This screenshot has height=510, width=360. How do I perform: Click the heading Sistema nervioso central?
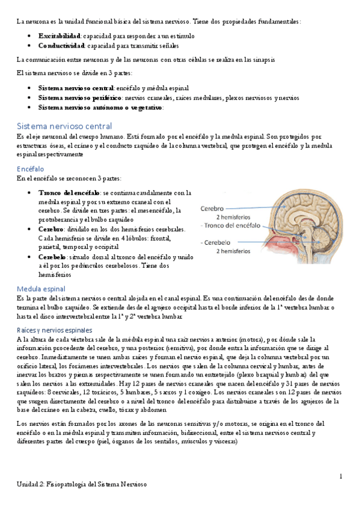point(64,126)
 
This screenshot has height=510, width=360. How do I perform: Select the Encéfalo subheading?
point(32,170)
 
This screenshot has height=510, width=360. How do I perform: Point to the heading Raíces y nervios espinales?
point(55,330)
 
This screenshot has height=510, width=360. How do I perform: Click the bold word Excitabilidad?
point(59,36)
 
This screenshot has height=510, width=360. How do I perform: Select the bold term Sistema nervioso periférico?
point(80,97)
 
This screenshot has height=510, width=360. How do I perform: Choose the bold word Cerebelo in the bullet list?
point(52,257)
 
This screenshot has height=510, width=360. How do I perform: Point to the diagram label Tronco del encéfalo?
point(233,226)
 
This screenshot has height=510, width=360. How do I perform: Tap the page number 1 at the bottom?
point(340,477)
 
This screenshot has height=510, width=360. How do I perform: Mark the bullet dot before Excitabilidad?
point(30,36)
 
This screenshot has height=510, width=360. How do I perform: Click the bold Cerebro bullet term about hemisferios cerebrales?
point(51,230)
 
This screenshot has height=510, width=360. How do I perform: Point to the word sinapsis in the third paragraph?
point(262,59)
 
